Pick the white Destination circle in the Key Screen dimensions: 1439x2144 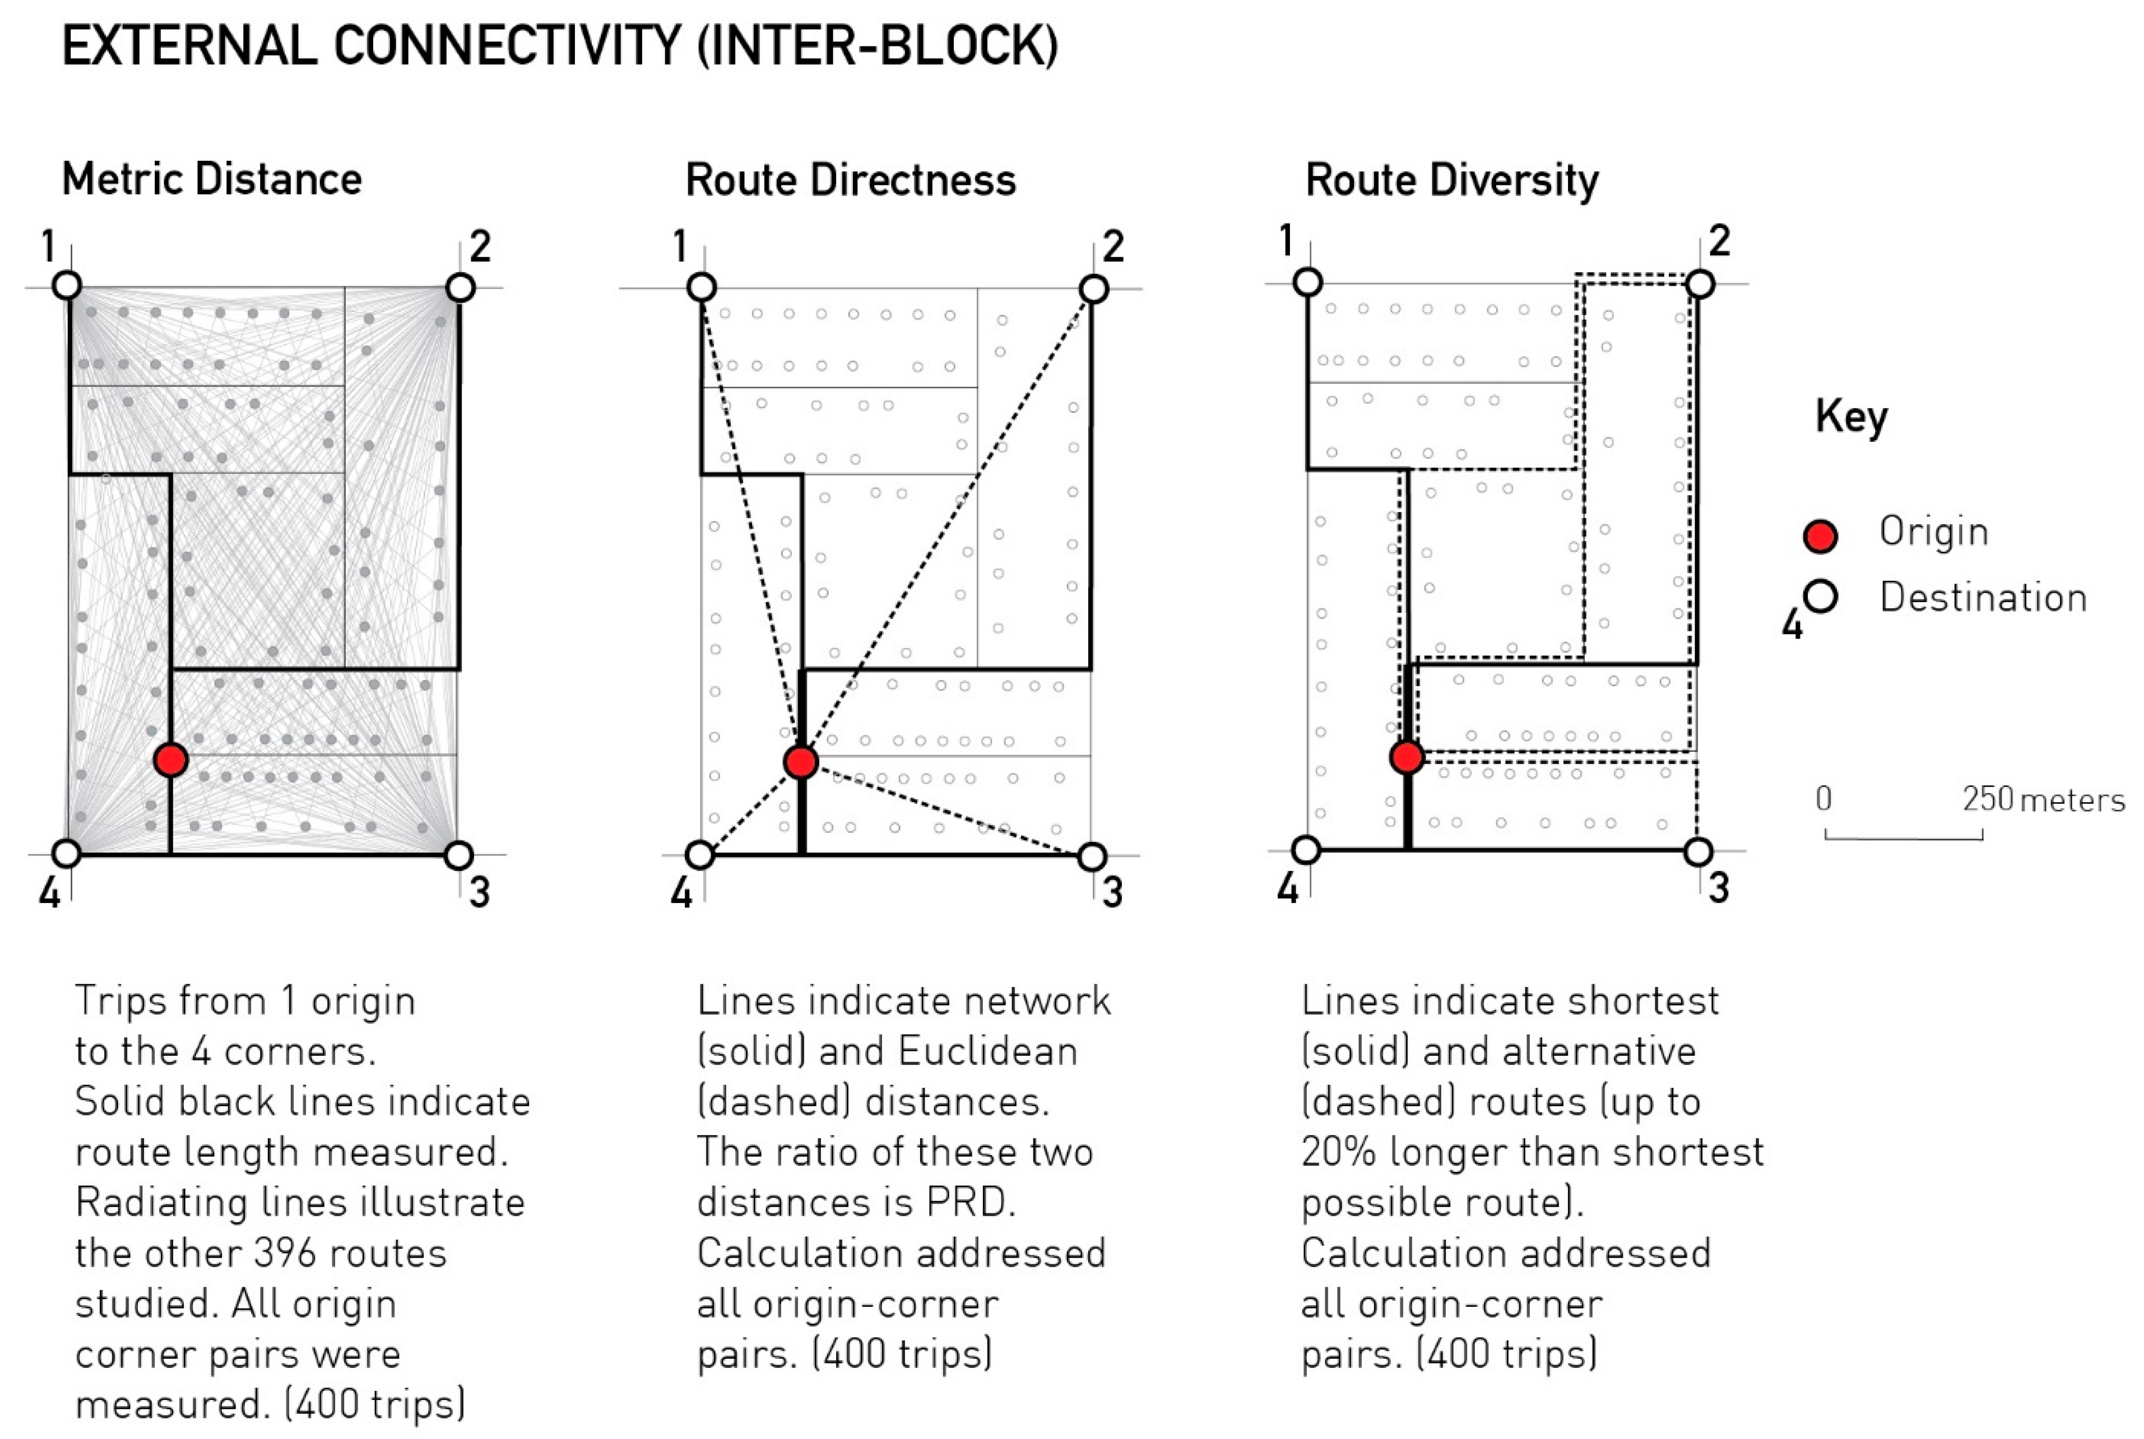click(x=1820, y=597)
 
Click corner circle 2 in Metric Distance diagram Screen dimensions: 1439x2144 click(x=460, y=287)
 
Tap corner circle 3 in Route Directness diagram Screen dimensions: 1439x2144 click(x=1091, y=857)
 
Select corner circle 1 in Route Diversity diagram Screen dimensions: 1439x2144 click(x=1307, y=282)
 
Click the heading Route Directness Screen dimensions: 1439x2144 click(x=850, y=180)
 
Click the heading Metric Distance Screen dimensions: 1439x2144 click(x=211, y=179)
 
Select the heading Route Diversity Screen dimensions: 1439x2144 click(x=1452, y=180)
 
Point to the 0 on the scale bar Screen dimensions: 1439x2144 click(x=1823, y=799)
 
